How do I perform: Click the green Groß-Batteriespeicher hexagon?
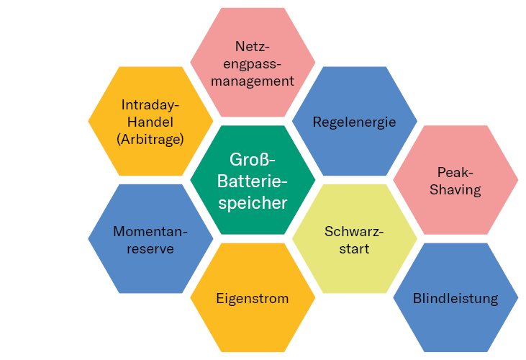(x=253, y=180)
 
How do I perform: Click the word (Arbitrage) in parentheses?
(x=150, y=139)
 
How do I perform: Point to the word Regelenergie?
(x=354, y=122)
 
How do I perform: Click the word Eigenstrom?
(x=253, y=298)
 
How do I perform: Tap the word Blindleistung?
(x=455, y=298)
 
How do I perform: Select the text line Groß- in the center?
(x=253, y=158)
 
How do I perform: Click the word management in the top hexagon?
(x=253, y=81)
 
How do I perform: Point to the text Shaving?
(x=455, y=189)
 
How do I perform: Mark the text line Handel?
(x=150, y=122)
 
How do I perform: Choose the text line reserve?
(x=150, y=248)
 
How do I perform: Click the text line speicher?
(x=253, y=203)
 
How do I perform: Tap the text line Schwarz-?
(x=354, y=232)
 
